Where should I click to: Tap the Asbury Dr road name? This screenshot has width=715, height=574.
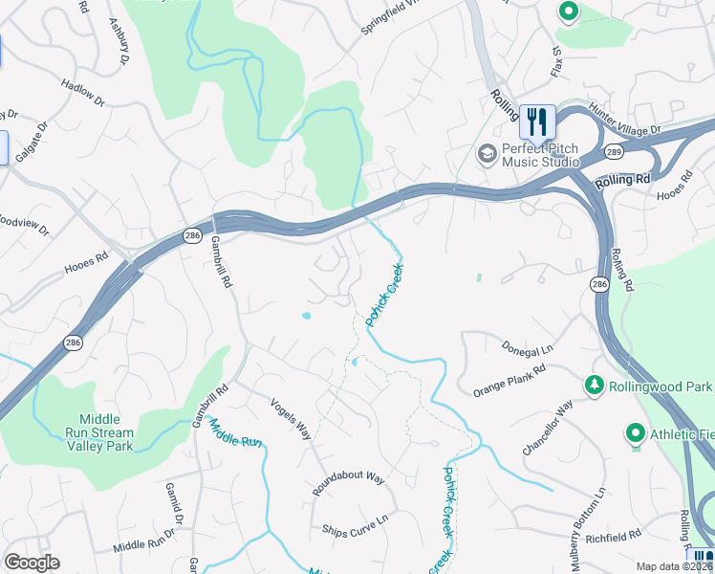119,40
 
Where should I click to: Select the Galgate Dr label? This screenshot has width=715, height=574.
32,142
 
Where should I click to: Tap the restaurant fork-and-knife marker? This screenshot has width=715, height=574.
537,121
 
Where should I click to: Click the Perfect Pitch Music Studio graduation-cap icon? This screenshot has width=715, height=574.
487,153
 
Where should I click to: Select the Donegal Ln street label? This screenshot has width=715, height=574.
528,346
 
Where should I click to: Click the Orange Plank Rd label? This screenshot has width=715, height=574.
509,380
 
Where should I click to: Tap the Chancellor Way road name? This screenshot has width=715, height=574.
548,428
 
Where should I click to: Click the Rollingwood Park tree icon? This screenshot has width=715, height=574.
595,385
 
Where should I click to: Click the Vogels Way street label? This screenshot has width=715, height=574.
292,419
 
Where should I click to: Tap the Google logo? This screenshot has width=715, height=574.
32,563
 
